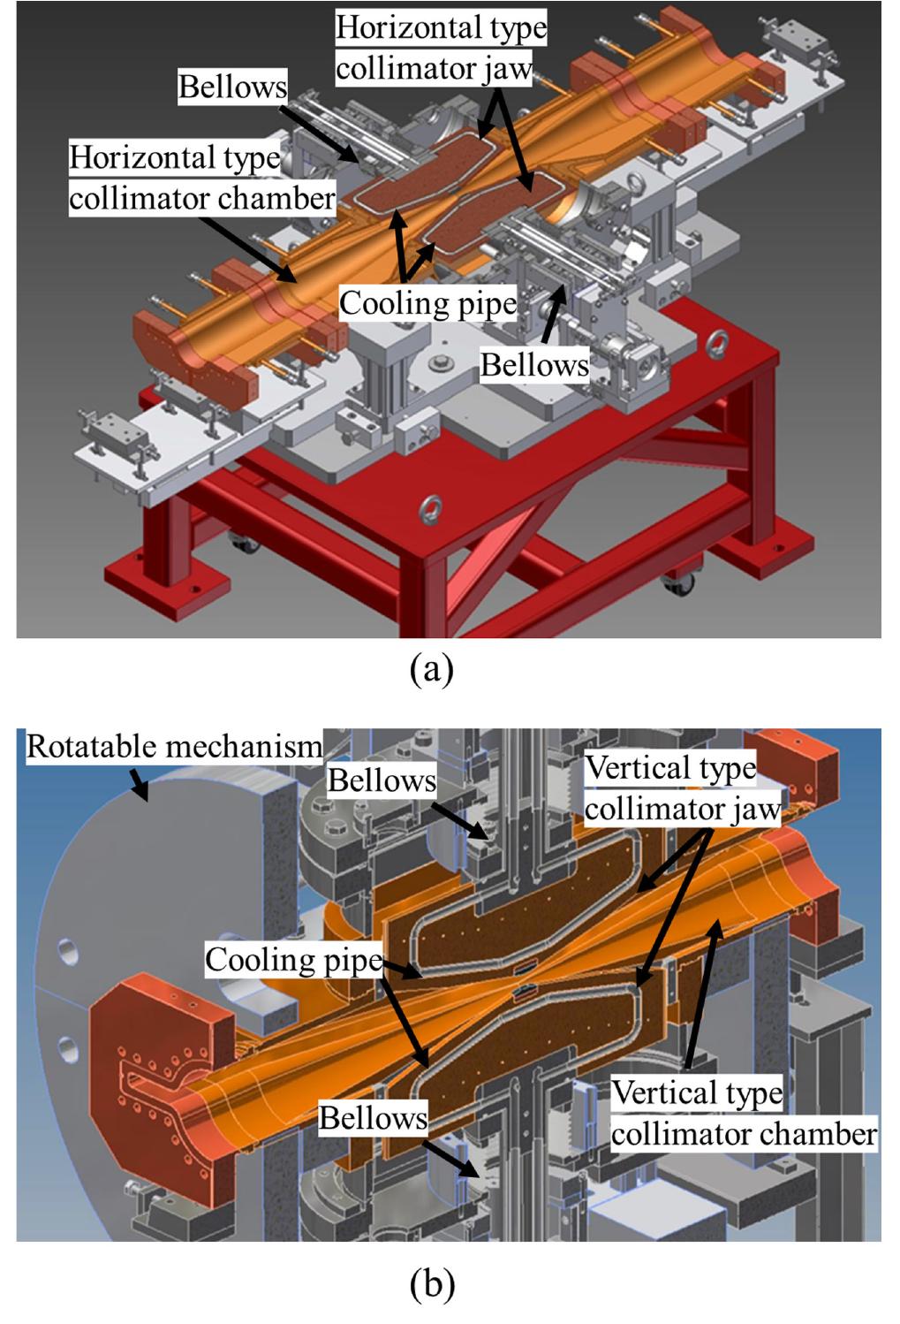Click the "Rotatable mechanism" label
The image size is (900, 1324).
[x=174, y=747]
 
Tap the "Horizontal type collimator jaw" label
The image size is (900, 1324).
[x=441, y=48]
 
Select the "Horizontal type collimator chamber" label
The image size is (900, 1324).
[x=202, y=178]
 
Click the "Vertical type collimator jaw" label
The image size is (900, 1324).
[x=683, y=788]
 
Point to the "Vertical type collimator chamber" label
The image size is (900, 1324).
[x=744, y=1114]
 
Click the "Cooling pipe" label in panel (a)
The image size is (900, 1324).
[x=428, y=303]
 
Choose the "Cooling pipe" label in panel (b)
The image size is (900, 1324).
[x=294, y=960]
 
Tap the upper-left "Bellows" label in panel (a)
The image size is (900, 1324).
[x=232, y=87]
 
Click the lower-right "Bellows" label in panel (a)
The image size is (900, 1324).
[x=534, y=364]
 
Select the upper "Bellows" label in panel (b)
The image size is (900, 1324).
[x=382, y=780]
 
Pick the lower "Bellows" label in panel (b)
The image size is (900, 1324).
[x=373, y=1118]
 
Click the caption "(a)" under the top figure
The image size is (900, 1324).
[x=432, y=669]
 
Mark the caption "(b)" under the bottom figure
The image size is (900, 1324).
[x=432, y=1283]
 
